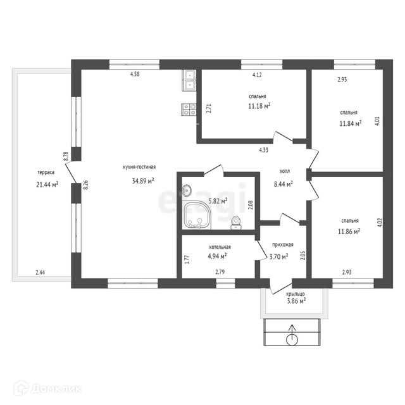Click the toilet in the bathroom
pos(236,223)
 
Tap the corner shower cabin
pos(197,215)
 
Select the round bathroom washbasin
pos(187,190)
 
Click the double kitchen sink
pos(189,80)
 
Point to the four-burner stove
pos(189,109)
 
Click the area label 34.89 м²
pos(143,180)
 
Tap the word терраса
pos(46,172)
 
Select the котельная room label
pos(220,247)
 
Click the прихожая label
pos(283,245)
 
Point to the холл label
pos(285,171)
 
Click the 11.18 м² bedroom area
pos(259,106)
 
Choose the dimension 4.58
pos(135,74)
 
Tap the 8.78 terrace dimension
pos(66,156)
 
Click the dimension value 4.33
pos(264,150)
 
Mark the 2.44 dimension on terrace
pos(40,272)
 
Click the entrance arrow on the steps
pos(292,335)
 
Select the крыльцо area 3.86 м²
pos(296,301)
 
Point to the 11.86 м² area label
pos(349,232)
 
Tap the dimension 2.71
pos(209,108)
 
